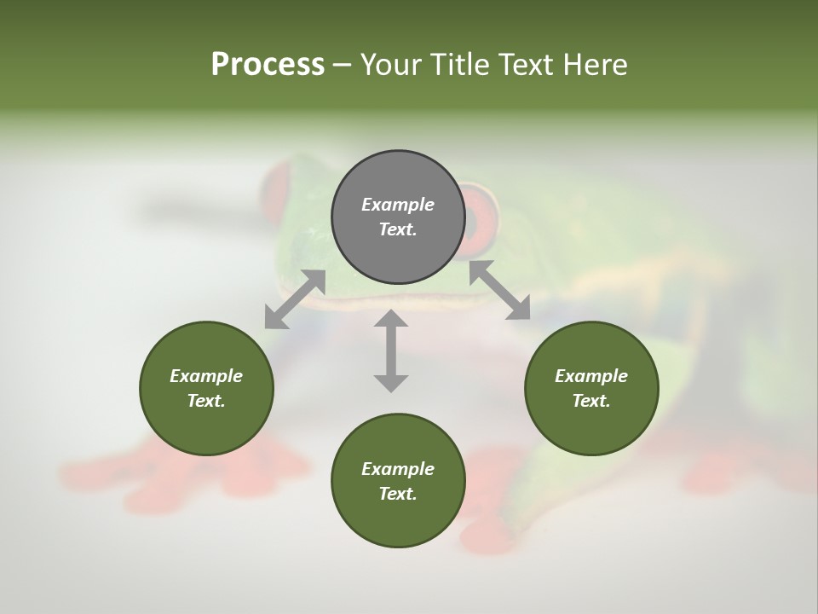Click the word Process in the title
coord(268,65)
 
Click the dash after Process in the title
coord(342,66)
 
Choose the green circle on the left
coord(206,388)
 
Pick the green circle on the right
coord(591,388)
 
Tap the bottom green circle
coord(398,481)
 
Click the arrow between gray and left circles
coord(295,298)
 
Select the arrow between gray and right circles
coord(500,291)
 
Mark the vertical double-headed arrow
coord(391,350)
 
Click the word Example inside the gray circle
coord(398,205)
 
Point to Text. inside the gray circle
coord(398,229)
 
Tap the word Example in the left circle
coord(206,376)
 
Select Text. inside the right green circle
coord(591,401)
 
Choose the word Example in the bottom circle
coord(398,469)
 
